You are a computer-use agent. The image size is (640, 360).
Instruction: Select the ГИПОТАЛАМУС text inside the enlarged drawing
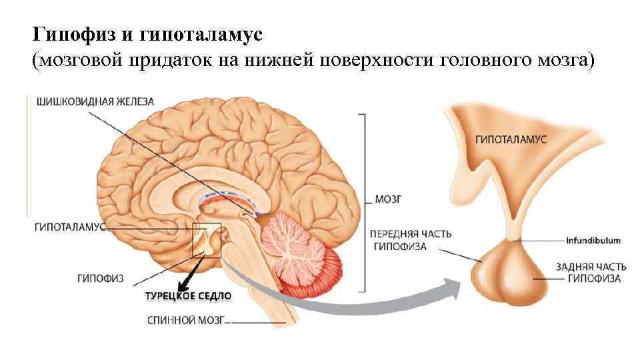pyautogui.click(x=511, y=140)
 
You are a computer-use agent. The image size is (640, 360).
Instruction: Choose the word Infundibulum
pyautogui.click(x=593, y=240)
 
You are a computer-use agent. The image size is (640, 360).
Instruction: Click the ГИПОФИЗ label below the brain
pyautogui.click(x=101, y=277)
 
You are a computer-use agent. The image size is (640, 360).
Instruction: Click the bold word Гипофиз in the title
pyautogui.click(x=65, y=33)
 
